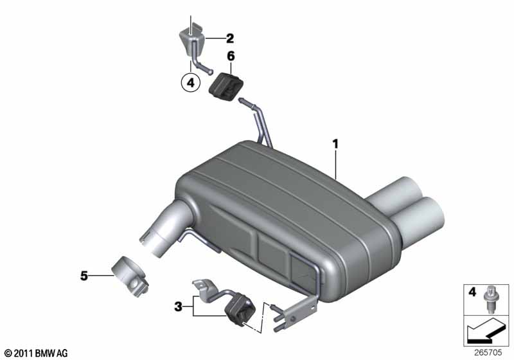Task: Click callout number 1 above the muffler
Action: point(335,144)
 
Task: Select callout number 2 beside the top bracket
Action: point(230,39)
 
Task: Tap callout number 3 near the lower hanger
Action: point(178,307)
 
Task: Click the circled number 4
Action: point(190,83)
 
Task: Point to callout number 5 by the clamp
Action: point(84,276)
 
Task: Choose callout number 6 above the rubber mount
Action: point(231,56)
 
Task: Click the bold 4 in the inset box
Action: point(472,291)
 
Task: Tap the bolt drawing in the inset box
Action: point(490,300)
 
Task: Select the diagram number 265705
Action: point(488,352)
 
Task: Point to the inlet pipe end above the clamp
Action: point(154,240)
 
